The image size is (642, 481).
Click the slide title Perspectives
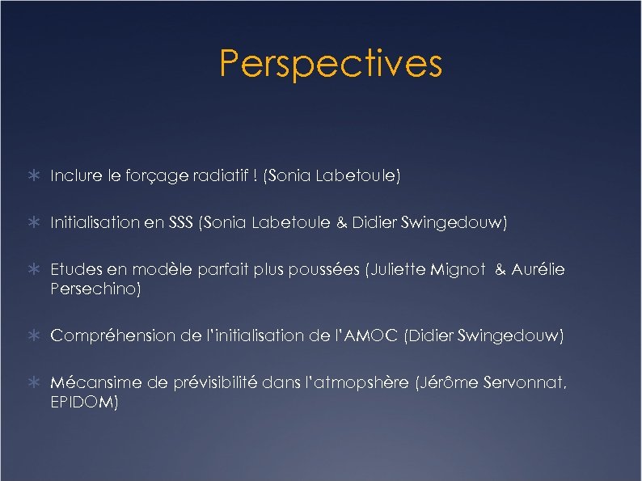(331, 64)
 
